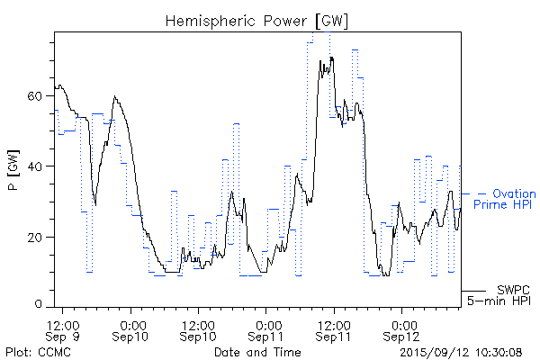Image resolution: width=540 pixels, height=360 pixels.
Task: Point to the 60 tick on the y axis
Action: (x=36, y=95)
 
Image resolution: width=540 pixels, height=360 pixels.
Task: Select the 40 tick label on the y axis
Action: (x=36, y=166)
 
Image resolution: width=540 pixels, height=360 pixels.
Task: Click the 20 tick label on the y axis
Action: (x=36, y=237)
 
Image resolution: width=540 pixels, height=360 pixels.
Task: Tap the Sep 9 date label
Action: (x=64, y=337)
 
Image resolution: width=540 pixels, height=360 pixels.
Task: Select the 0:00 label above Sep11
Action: (x=266, y=324)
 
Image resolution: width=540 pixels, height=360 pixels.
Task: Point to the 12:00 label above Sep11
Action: (x=333, y=324)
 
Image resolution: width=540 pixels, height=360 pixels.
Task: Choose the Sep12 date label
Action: (x=401, y=337)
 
